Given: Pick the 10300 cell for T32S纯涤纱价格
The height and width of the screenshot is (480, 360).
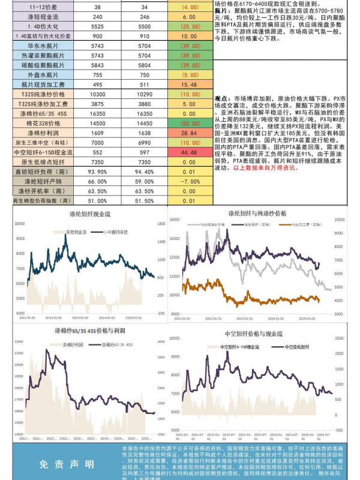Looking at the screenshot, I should click(98, 94).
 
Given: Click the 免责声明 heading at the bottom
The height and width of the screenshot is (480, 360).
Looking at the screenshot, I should click(66, 464).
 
